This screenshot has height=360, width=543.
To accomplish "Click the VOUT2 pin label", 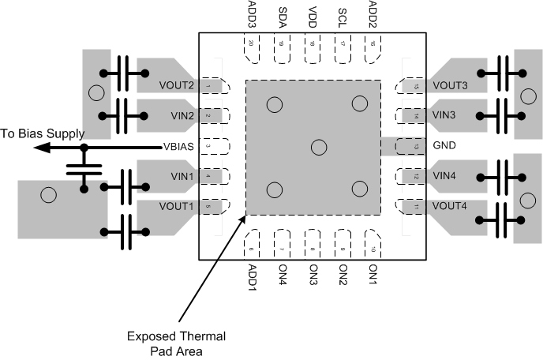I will (x=177, y=85).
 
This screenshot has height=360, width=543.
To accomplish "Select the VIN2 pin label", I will (x=181, y=116).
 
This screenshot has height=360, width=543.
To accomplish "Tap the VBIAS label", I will (x=178, y=146).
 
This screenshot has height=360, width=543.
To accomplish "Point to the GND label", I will (x=445, y=146).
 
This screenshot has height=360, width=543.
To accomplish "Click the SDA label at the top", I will (x=283, y=15).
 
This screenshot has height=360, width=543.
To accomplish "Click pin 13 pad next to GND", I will (x=414, y=146).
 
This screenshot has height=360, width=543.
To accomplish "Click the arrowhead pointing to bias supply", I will (x=47, y=146).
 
